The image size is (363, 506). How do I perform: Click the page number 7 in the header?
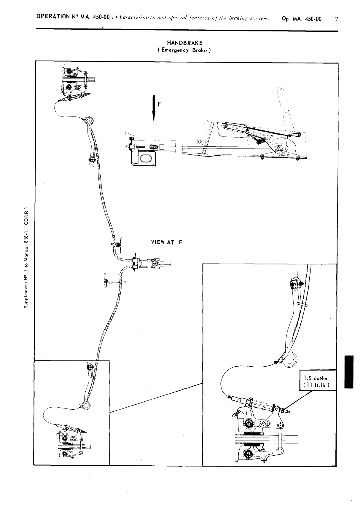coord(336,19)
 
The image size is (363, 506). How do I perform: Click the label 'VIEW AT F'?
coord(166,242)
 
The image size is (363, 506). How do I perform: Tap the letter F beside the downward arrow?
coord(160,104)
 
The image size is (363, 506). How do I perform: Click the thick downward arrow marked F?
coord(154,108)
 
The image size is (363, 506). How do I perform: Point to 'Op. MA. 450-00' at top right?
coord(302,19)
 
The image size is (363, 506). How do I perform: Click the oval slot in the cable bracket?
coord(146,159)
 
